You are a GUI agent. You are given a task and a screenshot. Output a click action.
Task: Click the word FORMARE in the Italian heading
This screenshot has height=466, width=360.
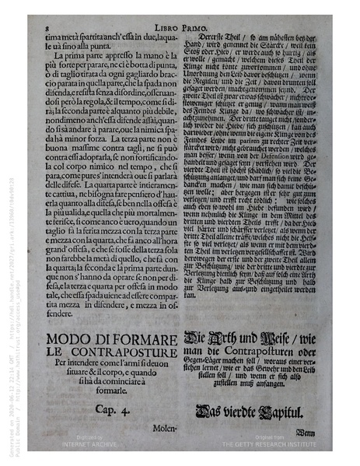tap(147, 339)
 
